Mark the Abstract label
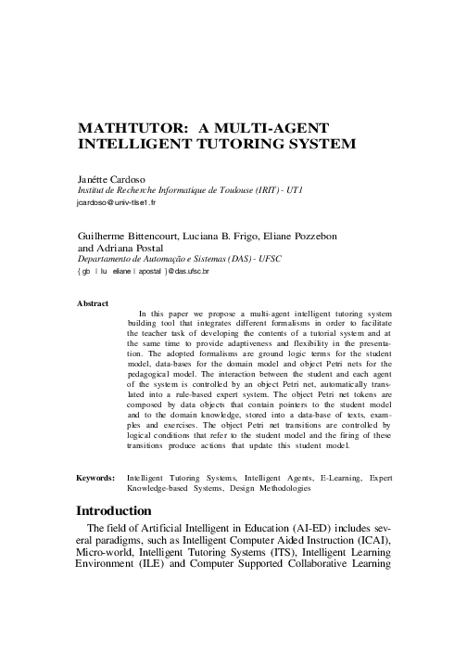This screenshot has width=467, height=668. click(x=93, y=303)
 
